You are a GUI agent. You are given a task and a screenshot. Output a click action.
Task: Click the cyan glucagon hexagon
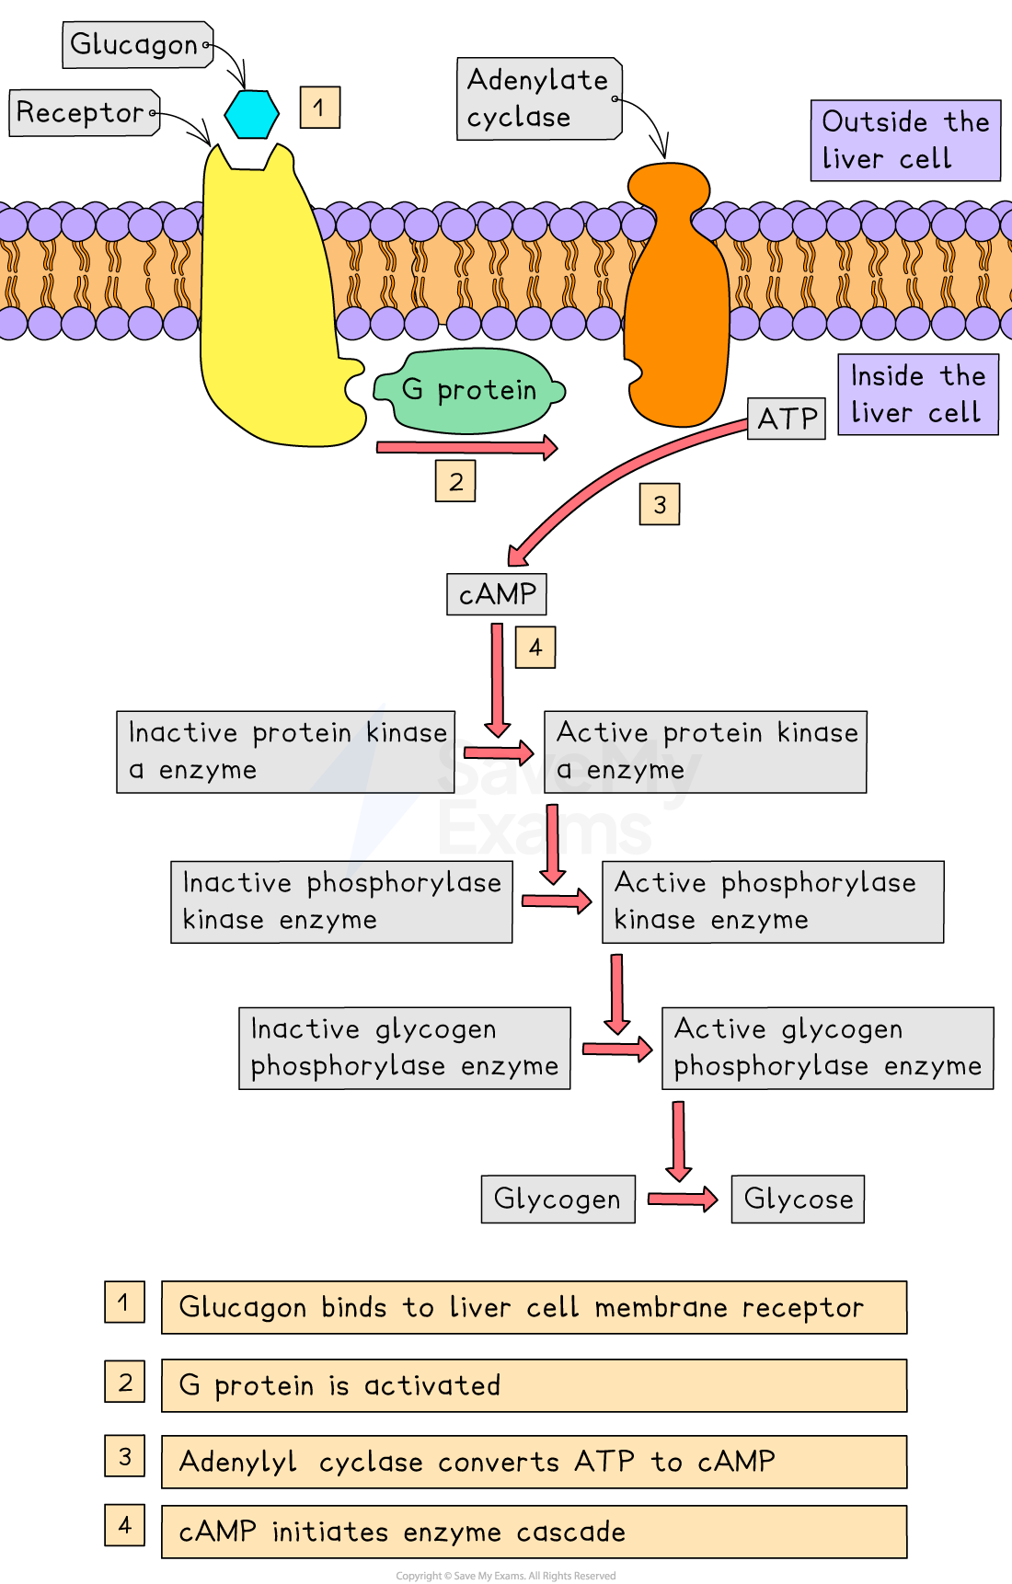tap(252, 114)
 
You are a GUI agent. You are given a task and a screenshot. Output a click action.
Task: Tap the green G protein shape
tap(468, 391)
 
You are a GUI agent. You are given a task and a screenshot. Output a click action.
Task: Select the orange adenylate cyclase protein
tap(677, 294)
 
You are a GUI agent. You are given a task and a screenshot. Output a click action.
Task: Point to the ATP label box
tap(787, 419)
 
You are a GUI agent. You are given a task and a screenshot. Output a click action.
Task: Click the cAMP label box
tap(497, 594)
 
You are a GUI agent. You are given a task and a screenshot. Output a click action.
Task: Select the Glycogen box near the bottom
tap(558, 1199)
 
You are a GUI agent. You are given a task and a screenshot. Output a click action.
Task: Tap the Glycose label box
tap(798, 1199)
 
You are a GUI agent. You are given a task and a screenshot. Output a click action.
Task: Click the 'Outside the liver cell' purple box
tap(905, 141)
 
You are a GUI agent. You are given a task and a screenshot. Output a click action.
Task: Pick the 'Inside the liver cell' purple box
tap(918, 395)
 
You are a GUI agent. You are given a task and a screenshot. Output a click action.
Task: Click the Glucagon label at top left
tap(138, 45)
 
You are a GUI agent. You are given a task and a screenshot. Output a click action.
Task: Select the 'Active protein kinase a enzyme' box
tap(706, 752)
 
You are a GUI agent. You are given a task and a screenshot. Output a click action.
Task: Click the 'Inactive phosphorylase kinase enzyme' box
tap(341, 902)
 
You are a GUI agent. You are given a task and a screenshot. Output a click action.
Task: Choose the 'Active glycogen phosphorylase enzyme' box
tap(828, 1049)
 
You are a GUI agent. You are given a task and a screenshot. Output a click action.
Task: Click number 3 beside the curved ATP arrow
tap(660, 505)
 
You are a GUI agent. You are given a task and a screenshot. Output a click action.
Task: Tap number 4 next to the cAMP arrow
tap(535, 648)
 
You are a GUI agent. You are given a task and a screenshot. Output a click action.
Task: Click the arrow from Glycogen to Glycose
tap(683, 1199)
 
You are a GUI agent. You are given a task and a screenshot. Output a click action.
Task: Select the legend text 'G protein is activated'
tap(339, 1385)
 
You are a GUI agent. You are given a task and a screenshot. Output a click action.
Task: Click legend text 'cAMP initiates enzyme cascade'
tap(402, 1532)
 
